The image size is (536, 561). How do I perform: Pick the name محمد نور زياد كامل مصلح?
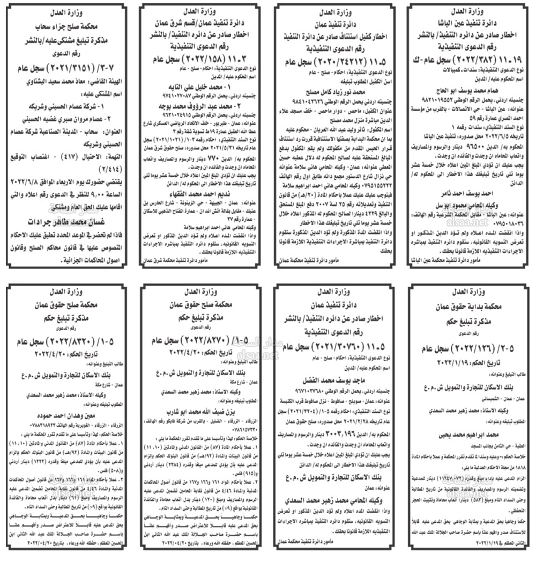click(335, 92)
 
